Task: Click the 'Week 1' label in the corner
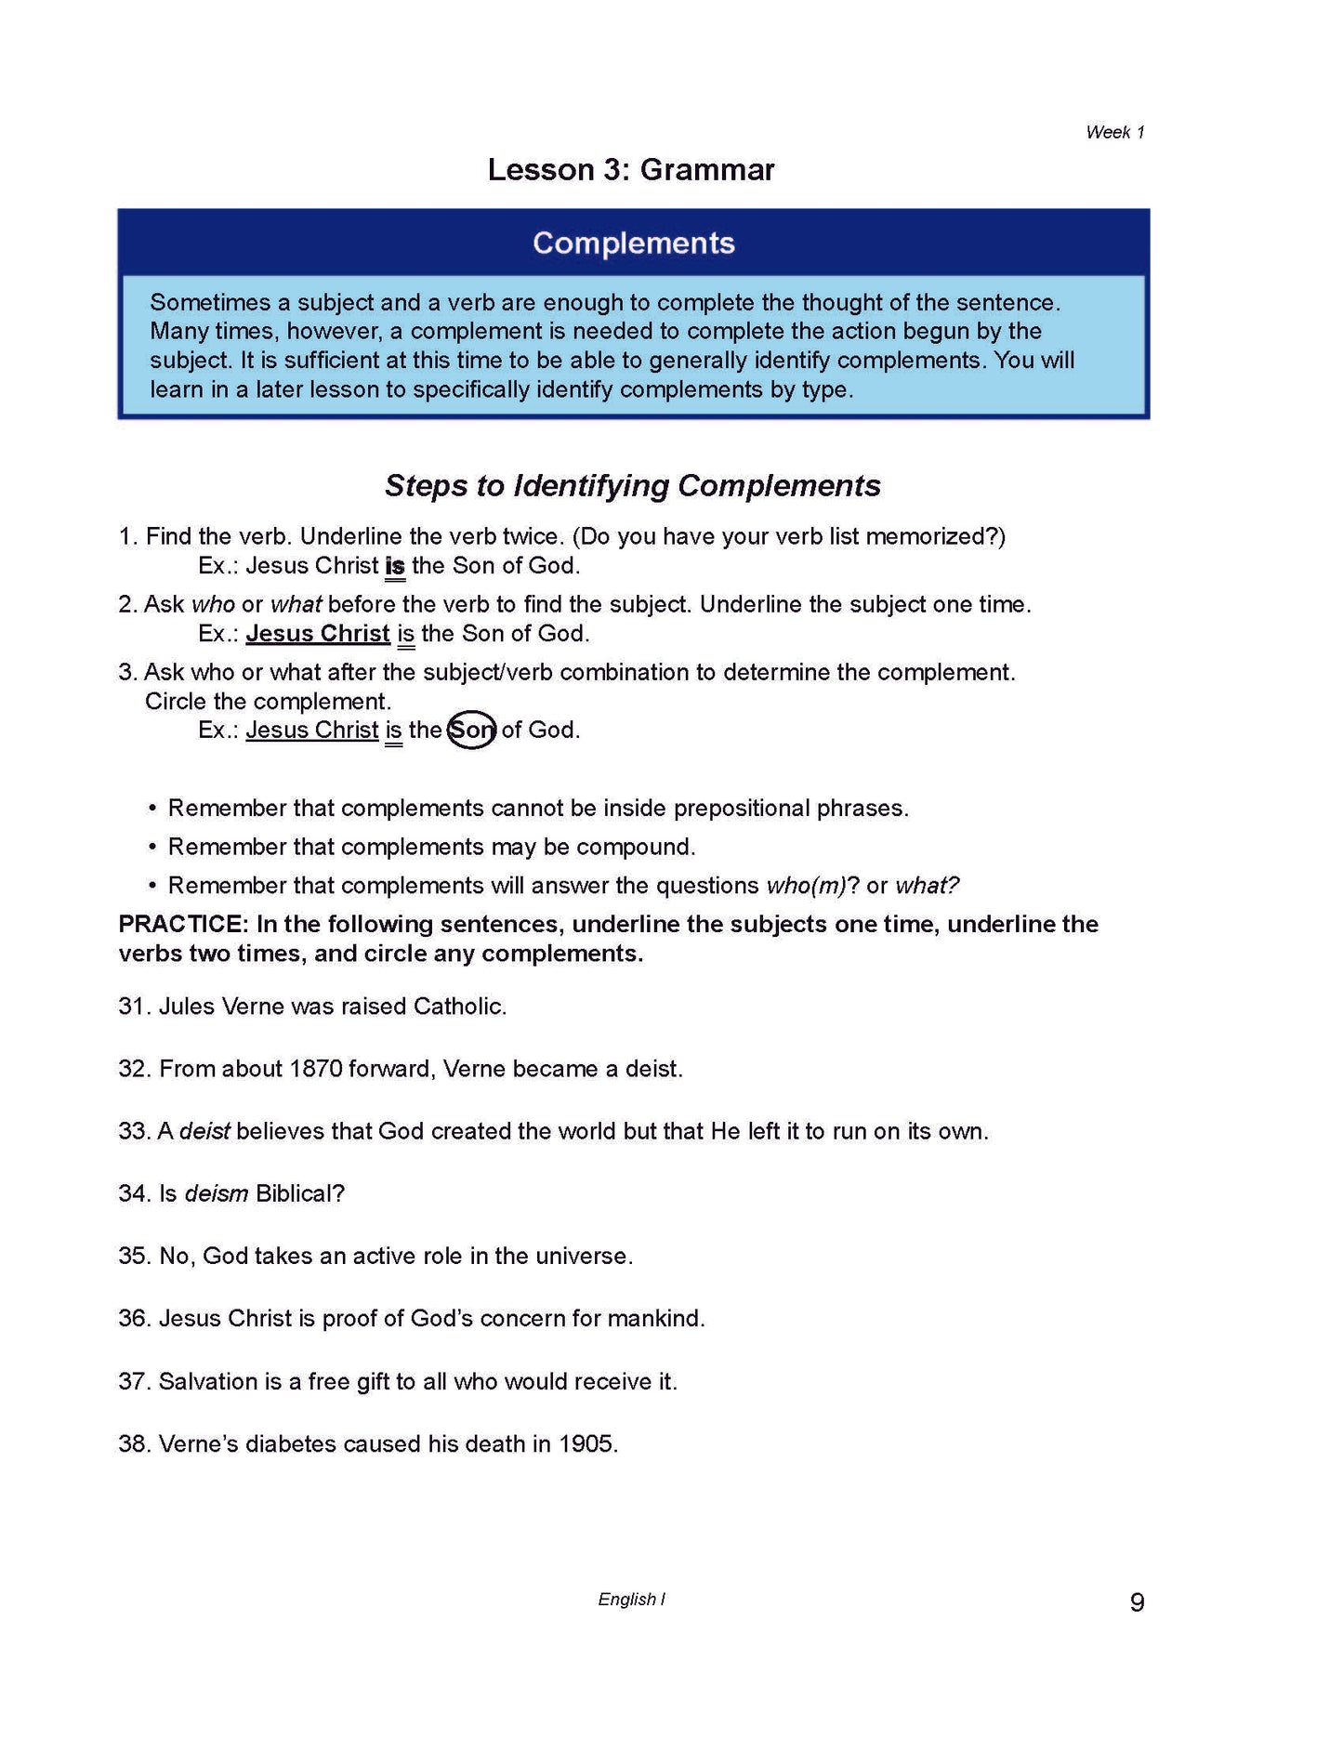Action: pyautogui.click(x=1114, y=132)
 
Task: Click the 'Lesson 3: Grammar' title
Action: pyautogui.click(x=631, y=169)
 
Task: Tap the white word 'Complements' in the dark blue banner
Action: pyautogui.click(x=634, y=243)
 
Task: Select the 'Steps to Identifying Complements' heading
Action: pyautogui.click(x=633, y=485)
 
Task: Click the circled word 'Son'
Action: pyautogui.click(x=471, y=731)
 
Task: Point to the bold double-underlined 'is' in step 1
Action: pyautogui.click(x=395, y=566)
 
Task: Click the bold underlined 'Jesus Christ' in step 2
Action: pyautogui.click(x=318, y=634)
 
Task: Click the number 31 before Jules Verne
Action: pyautogui.click(x=131, y=1007)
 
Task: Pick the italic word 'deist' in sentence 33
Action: pyautogui.click(x=204, y=1131)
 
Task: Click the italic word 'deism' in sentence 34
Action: pyautogui.click(x=217, y=1193)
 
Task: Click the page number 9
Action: pyautogui.click(x=1137, y=1602)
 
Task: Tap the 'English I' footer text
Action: pyautogui.click(x=631, y=1600)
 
